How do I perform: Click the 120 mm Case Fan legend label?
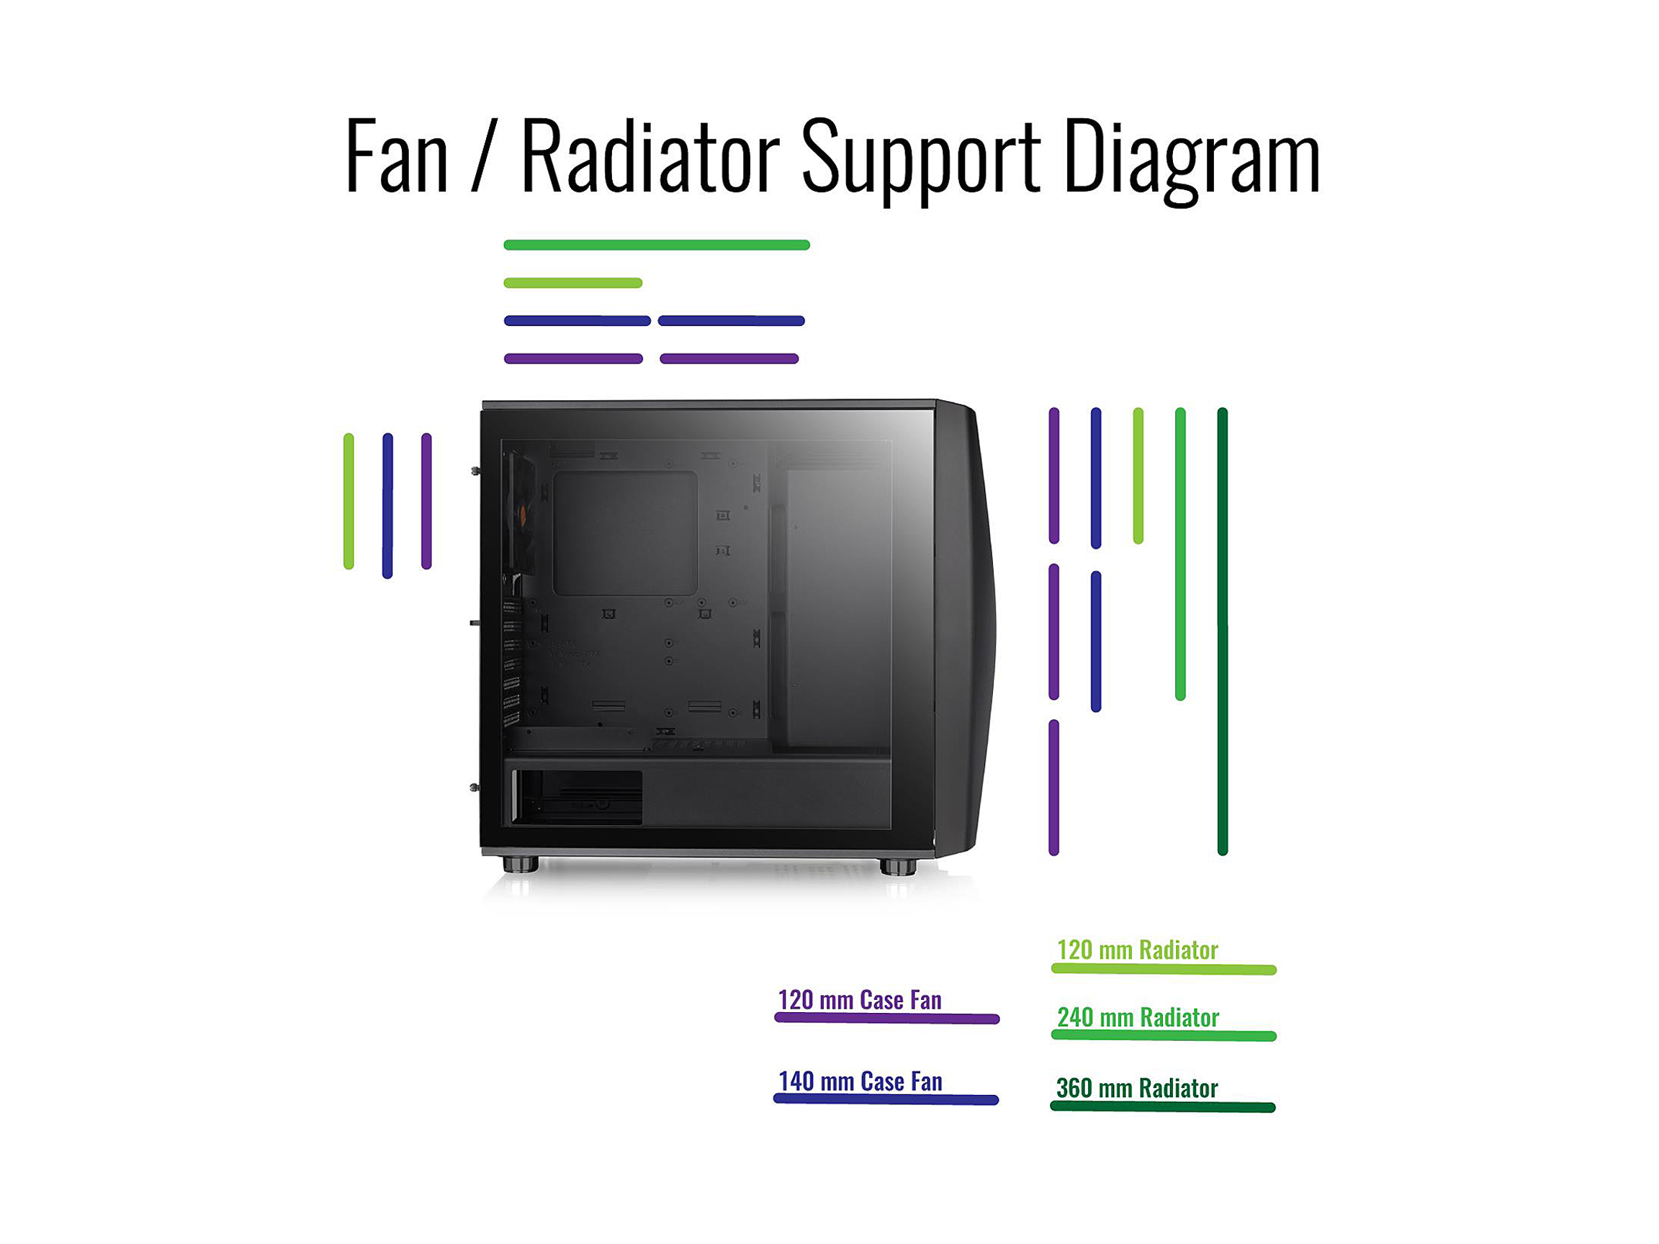point(860,1000)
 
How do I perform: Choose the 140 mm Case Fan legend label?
point(860,1081)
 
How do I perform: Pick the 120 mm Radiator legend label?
point(1137,950)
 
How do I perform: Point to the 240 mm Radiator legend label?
point(1138,1017)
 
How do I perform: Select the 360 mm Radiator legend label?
point(1137,1088)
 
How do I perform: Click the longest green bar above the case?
point(656,245)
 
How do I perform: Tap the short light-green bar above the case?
point(573,283)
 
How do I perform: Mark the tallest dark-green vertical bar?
point(1223,631)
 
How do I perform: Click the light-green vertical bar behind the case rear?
point(349,501)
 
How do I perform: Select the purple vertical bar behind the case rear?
point(427,501)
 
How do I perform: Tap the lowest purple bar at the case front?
point(1053,788)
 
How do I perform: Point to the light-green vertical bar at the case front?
point(1138,475)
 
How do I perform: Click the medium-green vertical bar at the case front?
point(1180,554)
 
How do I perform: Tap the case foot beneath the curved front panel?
point(898,867)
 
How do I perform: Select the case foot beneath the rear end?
point(521,865)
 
